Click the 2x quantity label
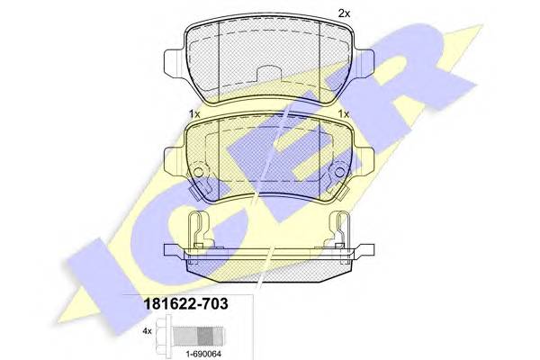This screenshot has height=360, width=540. (x=343, y=13)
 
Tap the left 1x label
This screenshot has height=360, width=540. (x=193, y=113)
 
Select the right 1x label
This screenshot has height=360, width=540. (x=343, y=113)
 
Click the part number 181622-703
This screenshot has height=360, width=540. (x=182, y=306)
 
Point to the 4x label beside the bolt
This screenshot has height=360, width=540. (x=146, y=330)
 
